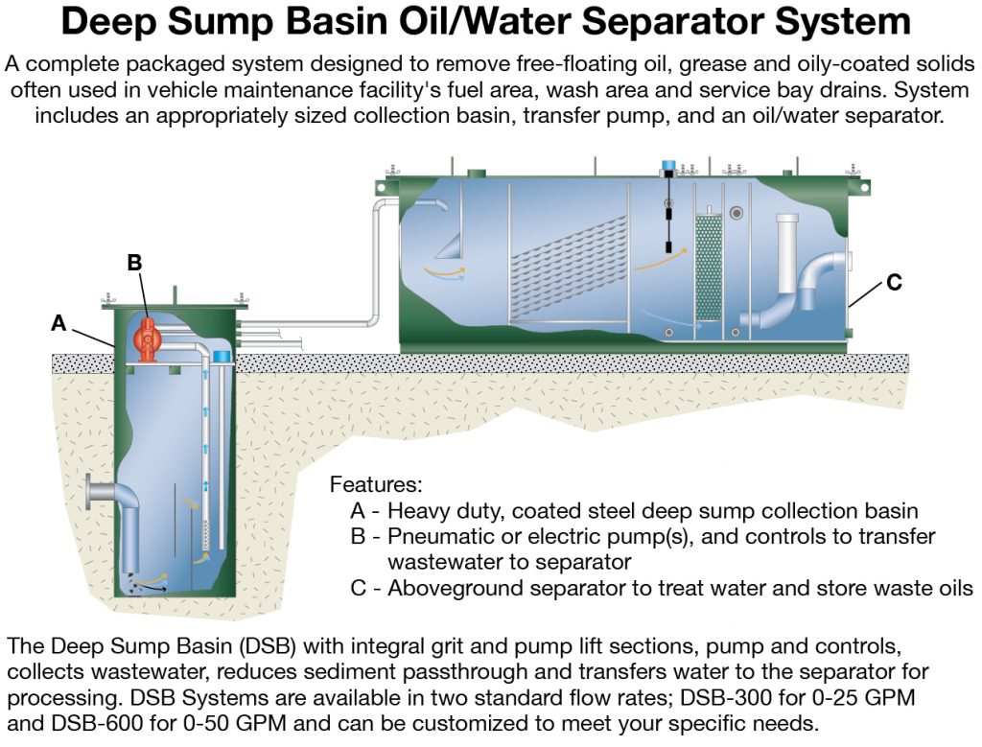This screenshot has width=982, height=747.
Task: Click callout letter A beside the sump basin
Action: pos(58,323)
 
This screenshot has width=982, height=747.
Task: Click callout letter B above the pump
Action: pos(134,263)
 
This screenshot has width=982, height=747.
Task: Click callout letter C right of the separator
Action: pos(894,282)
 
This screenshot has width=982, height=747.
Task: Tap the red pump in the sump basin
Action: pos(147,339)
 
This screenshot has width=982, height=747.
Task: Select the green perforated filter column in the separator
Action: pos(709,268)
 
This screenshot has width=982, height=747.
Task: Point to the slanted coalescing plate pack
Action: pos(568,268)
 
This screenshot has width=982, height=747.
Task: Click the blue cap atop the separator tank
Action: pos(668,166)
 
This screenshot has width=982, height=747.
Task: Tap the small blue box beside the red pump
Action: pos(222,357)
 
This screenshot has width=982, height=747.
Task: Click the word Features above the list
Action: pos(376,484)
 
